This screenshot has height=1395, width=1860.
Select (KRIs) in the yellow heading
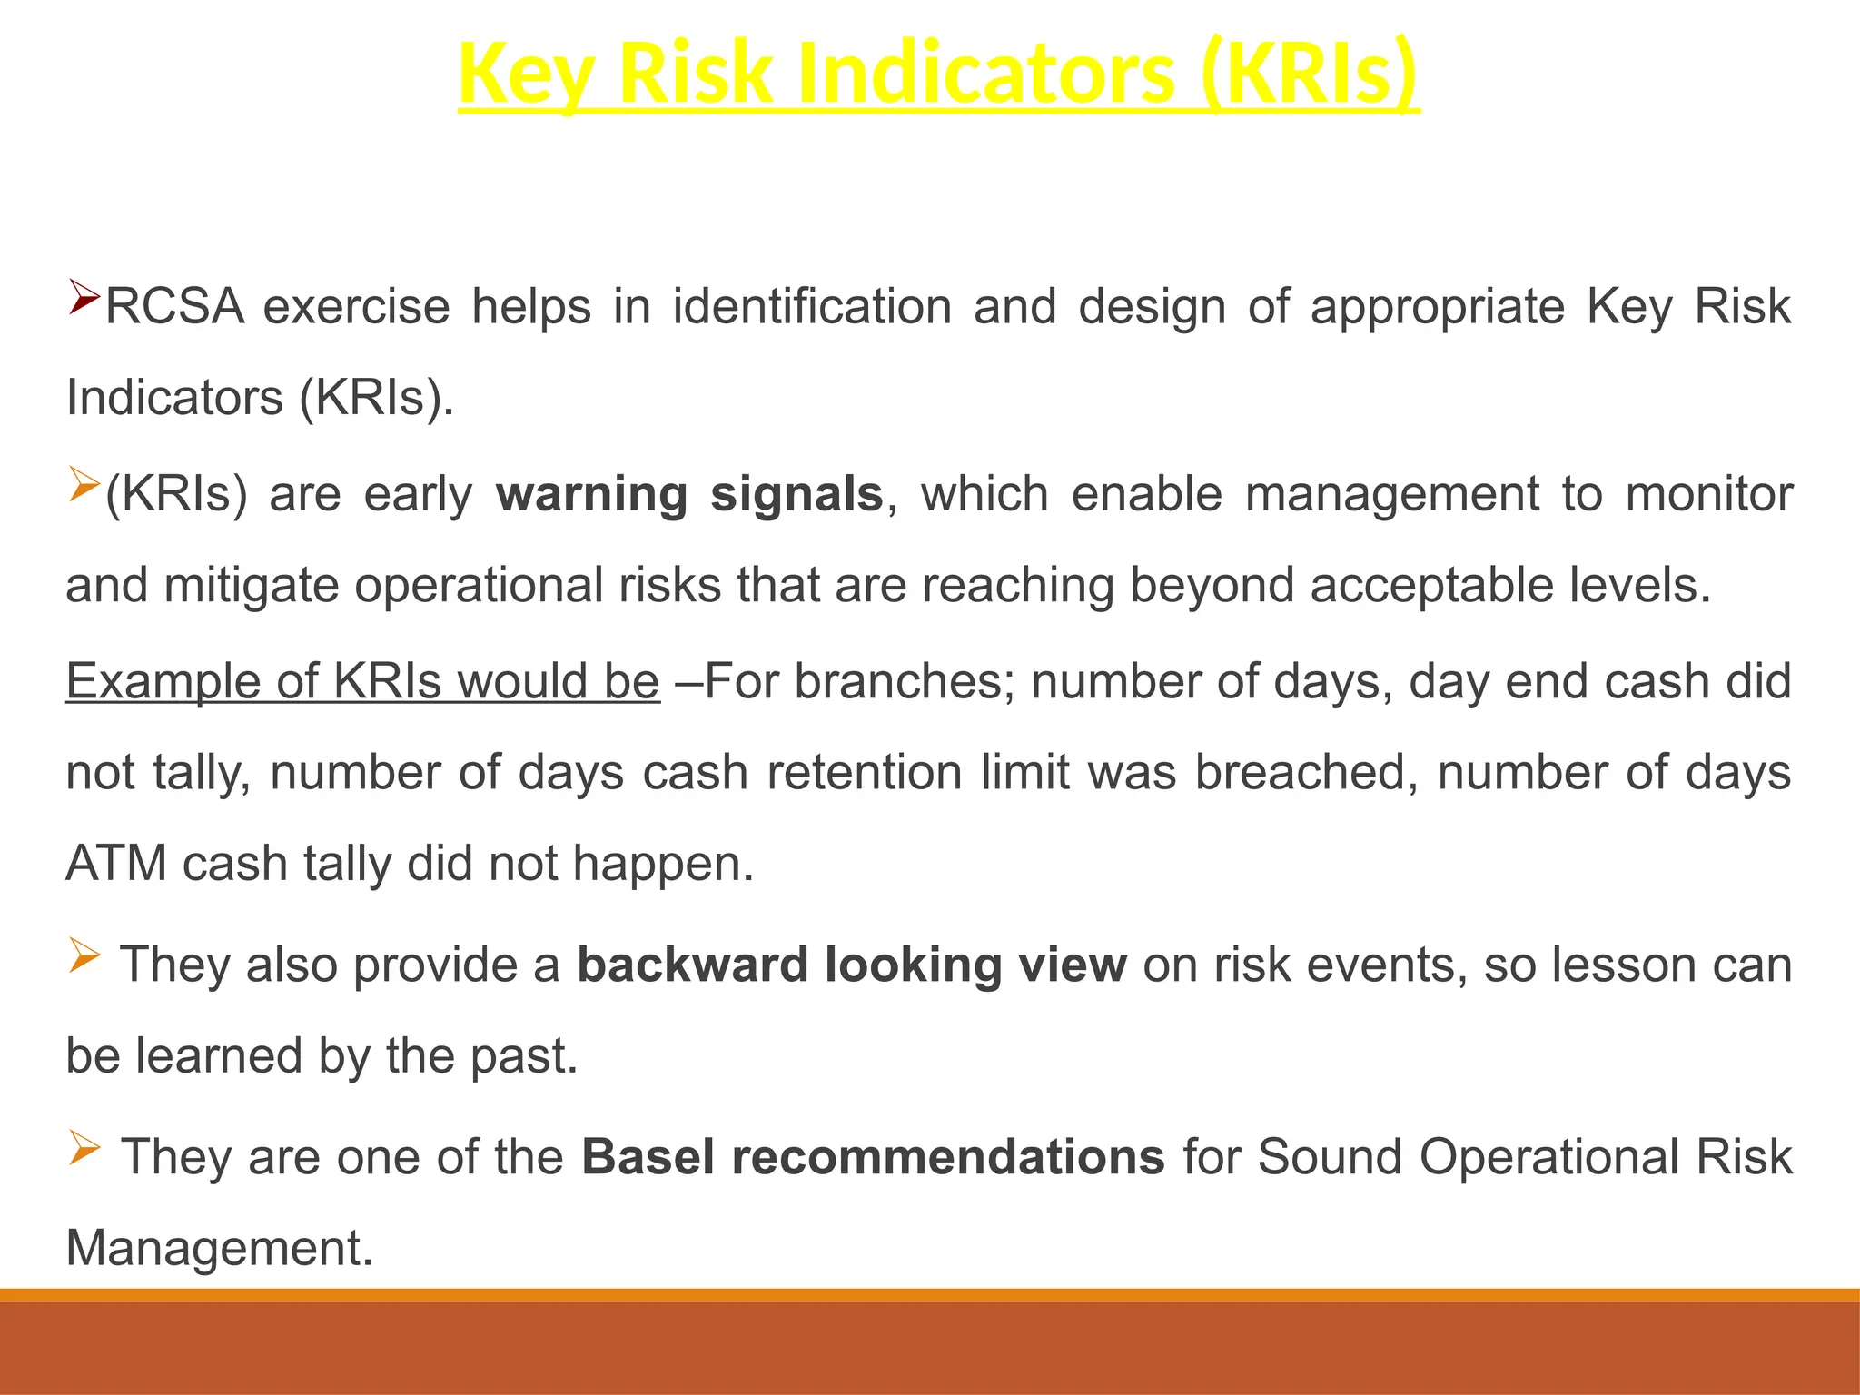(x=1308, y=74)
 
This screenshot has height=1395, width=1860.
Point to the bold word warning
(x=592, y=495)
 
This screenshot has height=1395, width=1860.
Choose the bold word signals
(x=796, y=495)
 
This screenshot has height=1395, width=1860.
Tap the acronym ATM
(x=116, y=864)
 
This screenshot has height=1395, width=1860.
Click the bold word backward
(x=692, y=965)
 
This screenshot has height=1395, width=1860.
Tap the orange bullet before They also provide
(x=84, y=956)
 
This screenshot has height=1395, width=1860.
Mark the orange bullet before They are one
(x=84, y=1149)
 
